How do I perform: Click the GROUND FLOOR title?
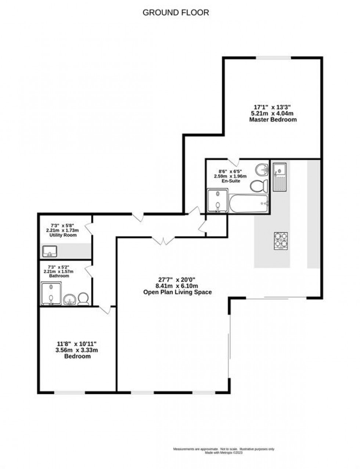[176, 12]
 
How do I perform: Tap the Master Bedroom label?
[273, 120]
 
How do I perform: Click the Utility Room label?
[63, 235]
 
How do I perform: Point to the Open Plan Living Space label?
[177, 292]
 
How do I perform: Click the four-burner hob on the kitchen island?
[281, 241]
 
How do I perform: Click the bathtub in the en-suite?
[248, 203]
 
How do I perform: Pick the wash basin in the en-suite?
[262, 170]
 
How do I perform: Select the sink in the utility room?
[49, 252]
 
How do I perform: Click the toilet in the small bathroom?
[83, 298]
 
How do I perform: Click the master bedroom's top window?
[274, 58]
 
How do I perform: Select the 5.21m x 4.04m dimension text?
[273, 113]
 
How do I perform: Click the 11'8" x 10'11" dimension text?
[77, 344]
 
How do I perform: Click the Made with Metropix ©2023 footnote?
[224, 453]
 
